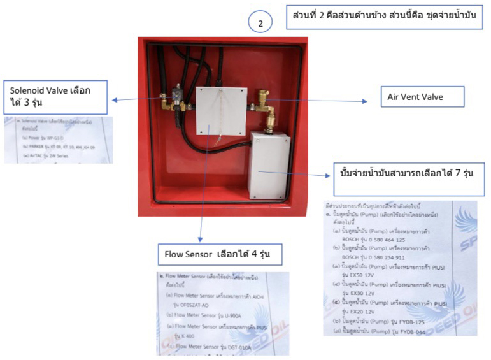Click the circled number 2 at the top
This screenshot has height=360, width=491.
pos(260,23)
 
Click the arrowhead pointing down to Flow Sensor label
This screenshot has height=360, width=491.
pos(202,239)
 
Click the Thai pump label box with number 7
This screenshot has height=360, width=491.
pos(409,173)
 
